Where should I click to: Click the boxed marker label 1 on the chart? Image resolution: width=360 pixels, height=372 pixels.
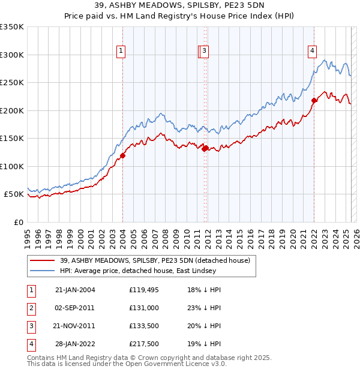pyautogui.click(x=121, y=52)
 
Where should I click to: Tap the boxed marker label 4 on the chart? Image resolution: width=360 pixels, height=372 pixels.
pyautogui.click(x=313, y=52)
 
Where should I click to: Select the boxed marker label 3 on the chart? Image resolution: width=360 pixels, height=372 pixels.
pyautogui.click(x=205, y=52)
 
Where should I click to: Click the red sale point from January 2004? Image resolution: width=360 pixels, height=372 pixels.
pyautogui.click(x=122, y=155)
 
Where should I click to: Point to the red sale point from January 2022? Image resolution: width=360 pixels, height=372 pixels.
pyautogui.click(x=314, y=101)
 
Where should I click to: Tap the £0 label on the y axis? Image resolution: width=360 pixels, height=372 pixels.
pyautogui.click(x=19, y=222)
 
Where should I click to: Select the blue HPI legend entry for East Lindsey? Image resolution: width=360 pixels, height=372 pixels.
pyautogui.click(x=157, y=271)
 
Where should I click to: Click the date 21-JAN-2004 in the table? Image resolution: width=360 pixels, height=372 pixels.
pyautogui.click(x=75, y=290)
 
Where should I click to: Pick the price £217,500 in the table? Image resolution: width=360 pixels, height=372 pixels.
pyautogui.click(x=144, y=344)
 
